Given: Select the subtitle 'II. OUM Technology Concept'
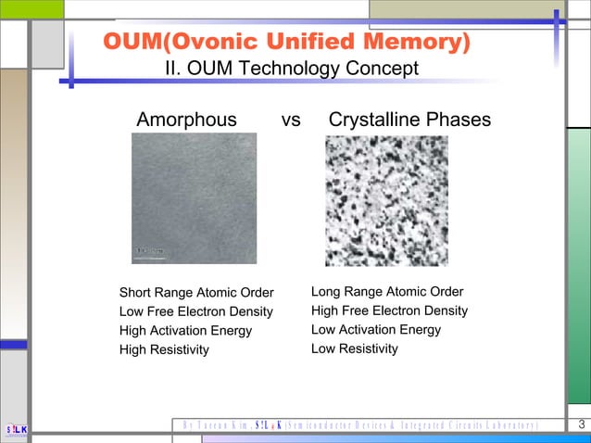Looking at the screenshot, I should [x=291, y=70].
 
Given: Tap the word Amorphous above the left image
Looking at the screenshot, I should [x=186, y=120].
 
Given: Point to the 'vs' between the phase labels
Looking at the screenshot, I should [x=291, y=120].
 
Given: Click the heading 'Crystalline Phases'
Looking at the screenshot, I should [x=409, y=120].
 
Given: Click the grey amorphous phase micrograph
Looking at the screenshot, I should [x=194, y=197].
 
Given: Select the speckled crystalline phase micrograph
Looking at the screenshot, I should [x=386, y=200].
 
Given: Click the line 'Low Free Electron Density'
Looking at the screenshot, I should [x=196, y=312].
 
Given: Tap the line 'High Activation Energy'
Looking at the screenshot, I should [x=185, y=331].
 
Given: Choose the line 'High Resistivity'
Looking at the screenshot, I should [x=164, y=349].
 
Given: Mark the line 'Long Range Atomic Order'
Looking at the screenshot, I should [x=387, y=292].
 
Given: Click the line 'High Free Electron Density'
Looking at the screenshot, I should [x=389, y=310].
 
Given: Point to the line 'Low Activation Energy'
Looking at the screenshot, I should [x=376, y=330].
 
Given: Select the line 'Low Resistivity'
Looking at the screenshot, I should [x=355, y=348].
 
